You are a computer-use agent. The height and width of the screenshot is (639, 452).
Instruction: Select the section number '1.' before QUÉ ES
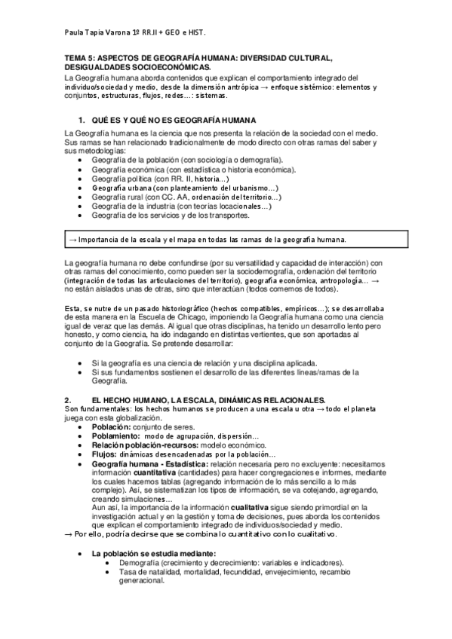coord(82,121)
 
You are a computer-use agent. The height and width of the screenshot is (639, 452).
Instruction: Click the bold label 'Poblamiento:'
coord(115,436)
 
